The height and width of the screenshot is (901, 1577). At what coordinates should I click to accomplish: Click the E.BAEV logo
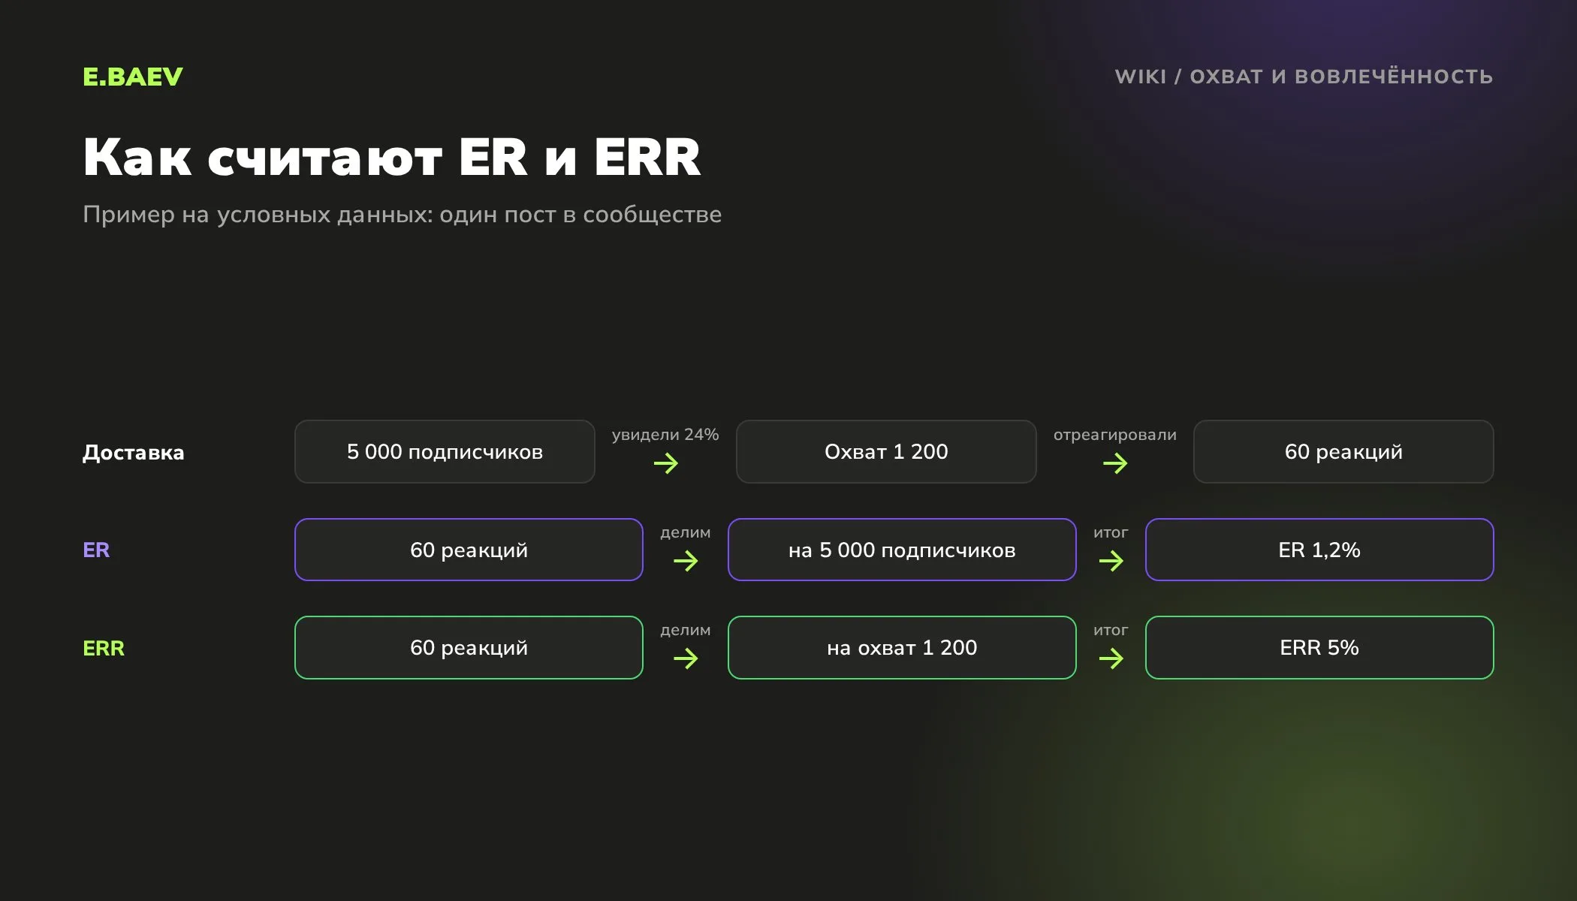click(x=133, y=77)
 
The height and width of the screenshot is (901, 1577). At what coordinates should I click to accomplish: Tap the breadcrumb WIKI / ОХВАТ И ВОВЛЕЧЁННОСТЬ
click(x=1304, y=77)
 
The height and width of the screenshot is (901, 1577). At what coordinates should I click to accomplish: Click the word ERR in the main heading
click(x=647, y=157)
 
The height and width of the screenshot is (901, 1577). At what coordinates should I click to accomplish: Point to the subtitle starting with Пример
click(x=402, y=215)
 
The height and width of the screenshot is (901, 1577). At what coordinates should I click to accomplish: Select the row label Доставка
click(x=133, y=452)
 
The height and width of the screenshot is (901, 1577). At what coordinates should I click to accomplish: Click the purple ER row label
click(x=96, y=550)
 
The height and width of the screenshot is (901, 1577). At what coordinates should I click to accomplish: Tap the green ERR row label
click(x=104, y=648)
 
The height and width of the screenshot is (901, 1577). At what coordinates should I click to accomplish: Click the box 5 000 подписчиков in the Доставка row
click(x=445, y=451)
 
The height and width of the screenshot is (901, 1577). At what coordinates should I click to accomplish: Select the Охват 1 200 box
click(x=886, y=451)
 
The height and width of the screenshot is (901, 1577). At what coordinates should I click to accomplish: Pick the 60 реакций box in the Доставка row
click(x=1343, y=451)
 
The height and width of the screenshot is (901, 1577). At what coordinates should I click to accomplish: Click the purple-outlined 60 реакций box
click(x=469, y=550)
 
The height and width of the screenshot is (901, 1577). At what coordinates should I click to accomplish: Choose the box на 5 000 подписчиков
click(x=902, y=550)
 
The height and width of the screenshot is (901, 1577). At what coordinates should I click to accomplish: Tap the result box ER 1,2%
click(x=1319, y=550)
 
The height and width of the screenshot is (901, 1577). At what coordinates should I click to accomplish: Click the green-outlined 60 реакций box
click(x=469, y=647)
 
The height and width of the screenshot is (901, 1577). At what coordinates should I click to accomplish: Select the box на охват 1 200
click(x=902, y=647)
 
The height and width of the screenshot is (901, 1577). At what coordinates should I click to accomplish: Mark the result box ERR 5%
click(x=1319, y=647)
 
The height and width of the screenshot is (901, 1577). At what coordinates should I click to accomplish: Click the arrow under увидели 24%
click(x=666, y=463)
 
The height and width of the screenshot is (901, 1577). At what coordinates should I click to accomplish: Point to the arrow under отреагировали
click(x=1115, y=463)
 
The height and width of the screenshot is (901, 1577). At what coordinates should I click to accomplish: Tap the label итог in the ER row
click(x=1111, y=532)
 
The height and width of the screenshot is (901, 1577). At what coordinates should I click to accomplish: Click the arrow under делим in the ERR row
click(x=686, y=658)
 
